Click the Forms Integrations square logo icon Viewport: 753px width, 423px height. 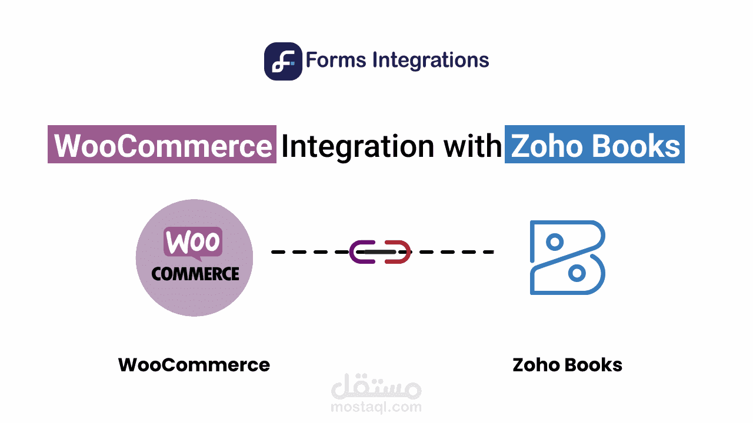[x=283, y=61]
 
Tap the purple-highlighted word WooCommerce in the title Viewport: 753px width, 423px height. [x=162, y=145]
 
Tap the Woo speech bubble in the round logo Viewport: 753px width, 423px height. [x=193, y=242]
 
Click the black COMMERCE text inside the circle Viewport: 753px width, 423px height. [x=195, y=274]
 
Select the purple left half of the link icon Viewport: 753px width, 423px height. [x=359, y=252]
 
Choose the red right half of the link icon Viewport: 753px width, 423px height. [x=399, y=252]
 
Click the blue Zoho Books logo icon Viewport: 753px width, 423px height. [x=567, y=257]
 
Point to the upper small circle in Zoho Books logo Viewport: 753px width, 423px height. [x=554, y=241]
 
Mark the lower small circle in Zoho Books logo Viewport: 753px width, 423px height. [x=578, y=273]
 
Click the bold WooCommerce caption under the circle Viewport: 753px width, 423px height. [x=194, y=365]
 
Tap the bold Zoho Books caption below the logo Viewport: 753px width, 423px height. [x=567, y=365]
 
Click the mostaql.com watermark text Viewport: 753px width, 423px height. [x=376, y=407]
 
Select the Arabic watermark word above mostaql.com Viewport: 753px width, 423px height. [x=376, y=388]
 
